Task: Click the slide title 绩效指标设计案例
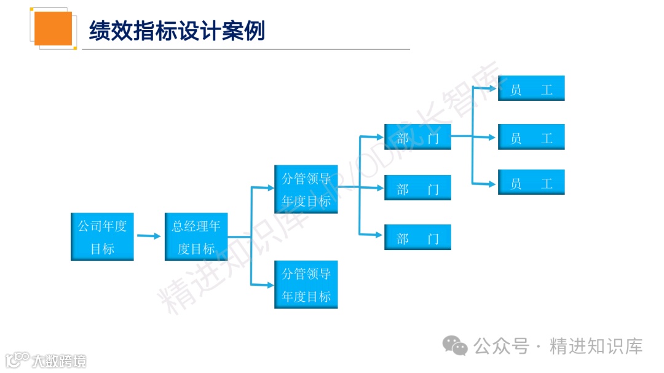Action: tap(177, 30)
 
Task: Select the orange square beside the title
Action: tap(53, 28)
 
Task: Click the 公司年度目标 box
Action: tap(102, 237)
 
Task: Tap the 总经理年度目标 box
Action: tap(196, 237)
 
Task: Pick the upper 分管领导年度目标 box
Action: tap(306, 189)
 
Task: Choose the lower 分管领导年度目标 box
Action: tap(306, 285)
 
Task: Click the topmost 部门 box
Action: tap(417, 137)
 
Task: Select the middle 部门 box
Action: tap(417, 187)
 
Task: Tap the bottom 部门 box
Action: tap(417, 237)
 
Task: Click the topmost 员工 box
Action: tap(531, 88)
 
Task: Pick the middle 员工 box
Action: tap(531, 137)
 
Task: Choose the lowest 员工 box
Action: tap(531, 183)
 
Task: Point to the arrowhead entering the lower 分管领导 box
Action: tap(270, 285)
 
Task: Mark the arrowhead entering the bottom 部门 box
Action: tap(380, 234)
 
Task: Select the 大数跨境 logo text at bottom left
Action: tap(60, 360)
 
